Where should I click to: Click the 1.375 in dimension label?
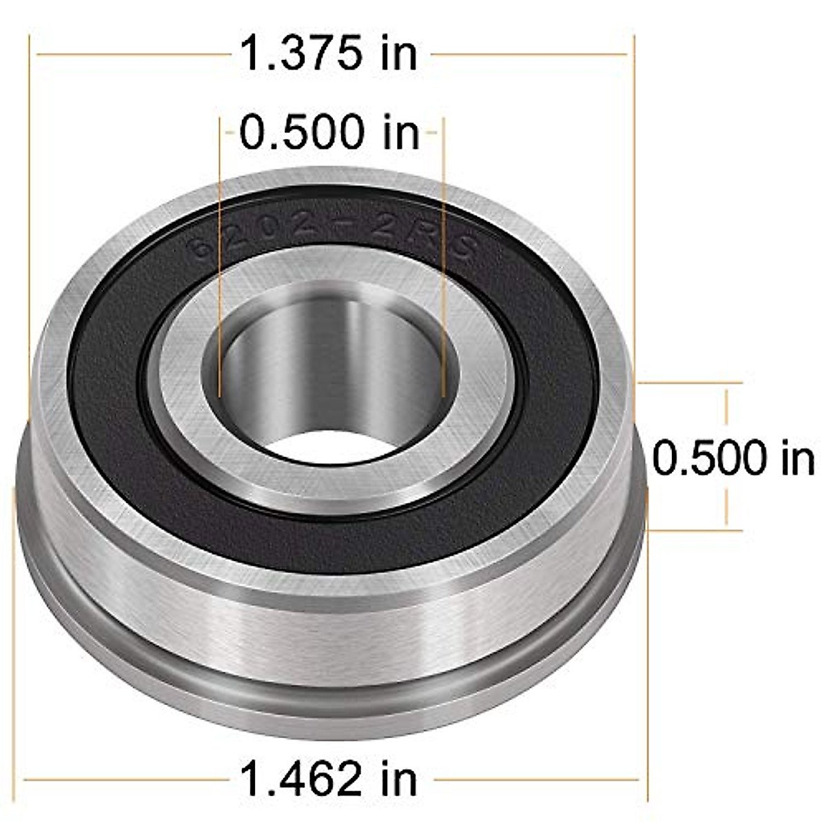tap(329, 54)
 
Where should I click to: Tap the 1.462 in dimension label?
tap(329, 779)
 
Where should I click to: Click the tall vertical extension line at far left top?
tap(29, 207)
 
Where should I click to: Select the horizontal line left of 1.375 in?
tap(131, 54)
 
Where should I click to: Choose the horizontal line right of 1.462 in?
tap(538, 780)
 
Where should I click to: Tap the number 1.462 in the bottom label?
tap(300, 779)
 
